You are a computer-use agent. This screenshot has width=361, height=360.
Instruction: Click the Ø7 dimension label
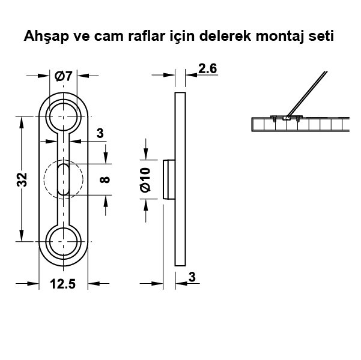click(x=64, y=76)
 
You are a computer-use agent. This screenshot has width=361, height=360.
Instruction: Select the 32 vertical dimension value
click(x=22, y=179)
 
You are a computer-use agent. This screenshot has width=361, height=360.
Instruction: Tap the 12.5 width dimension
click(x=62, y=284)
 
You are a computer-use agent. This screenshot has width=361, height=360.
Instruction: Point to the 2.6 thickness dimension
click(x=207, y=69)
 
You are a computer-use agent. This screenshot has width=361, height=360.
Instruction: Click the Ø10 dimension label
click(x=145, y=179)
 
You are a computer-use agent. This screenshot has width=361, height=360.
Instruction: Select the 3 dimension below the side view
click(x=192, y=277)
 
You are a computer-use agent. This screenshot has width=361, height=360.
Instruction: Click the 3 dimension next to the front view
click(x=100, y=133)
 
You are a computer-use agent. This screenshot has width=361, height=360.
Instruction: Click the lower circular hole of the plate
click(x=63, y=242)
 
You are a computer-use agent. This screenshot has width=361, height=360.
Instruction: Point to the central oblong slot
click(x=63, y=179)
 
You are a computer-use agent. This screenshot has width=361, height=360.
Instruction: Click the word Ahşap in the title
click(x=46, y=37)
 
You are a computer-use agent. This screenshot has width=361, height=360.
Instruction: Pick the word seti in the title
click(x=321, y=36)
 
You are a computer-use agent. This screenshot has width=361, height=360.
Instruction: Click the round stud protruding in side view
click(x=169, y=179)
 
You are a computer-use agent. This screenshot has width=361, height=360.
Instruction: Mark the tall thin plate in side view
click(x=180, y=179)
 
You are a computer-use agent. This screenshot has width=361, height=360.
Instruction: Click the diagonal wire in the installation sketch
click(x=307, y=94)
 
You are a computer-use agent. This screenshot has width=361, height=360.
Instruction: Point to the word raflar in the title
click(x=147, y=36)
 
